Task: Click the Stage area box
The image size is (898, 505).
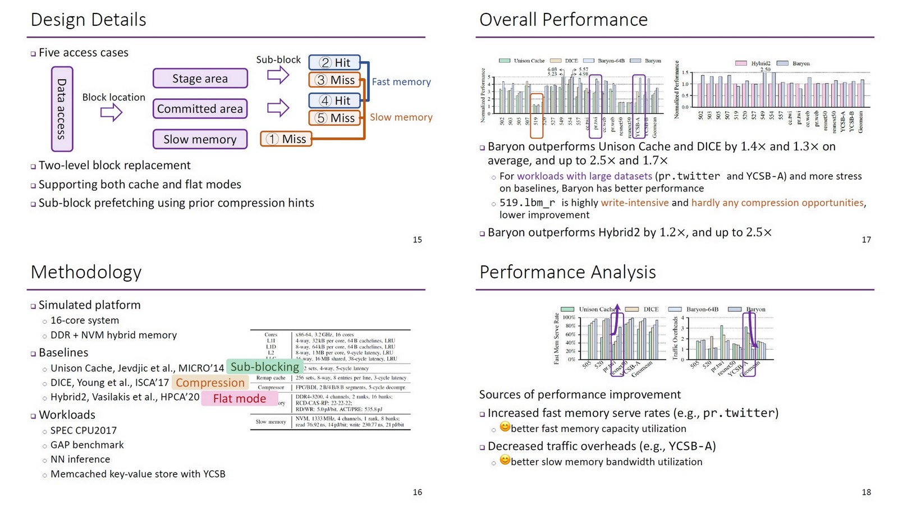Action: point(200,79)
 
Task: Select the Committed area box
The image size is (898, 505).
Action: point(200,108)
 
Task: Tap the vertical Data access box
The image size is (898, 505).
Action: point(62,109)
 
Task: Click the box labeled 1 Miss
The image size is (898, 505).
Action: point(286,139)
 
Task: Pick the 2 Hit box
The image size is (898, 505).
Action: point(334,62)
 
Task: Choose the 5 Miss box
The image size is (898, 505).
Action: point(334,118)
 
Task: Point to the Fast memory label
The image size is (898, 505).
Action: point(401,82)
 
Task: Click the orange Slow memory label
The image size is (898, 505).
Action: point(401,117)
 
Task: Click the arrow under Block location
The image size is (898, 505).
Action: point(111,113)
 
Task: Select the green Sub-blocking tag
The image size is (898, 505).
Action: point(264,367)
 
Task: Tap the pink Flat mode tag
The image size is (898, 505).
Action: point(240,398)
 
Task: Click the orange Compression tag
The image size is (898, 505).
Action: point(210,383)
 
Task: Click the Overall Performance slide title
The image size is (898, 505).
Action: point(563,20)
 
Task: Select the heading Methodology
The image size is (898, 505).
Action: point(86,272)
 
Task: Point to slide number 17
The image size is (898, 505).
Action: point(866,240)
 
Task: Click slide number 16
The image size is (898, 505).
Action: point(417,492)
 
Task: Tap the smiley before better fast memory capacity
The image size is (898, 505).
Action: point(505,427)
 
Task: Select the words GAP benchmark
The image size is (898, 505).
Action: point(87,445)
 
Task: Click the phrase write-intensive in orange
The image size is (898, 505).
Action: point(634,203)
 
